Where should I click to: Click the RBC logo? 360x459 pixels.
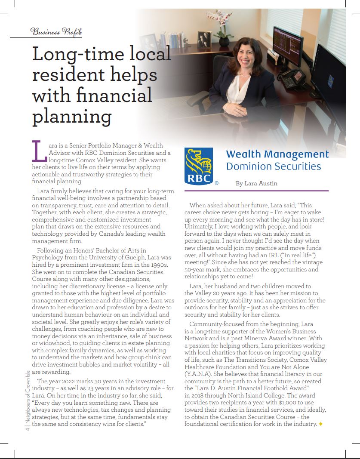click(199, 166)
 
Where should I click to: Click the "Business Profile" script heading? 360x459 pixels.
click(56, 31)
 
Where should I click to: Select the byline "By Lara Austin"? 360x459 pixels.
click(256, 183)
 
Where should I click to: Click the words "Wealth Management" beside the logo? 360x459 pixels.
click(277, 154)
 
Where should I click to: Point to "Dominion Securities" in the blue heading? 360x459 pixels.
click(273, 166)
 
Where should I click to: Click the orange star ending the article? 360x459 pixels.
click(320, 425)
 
